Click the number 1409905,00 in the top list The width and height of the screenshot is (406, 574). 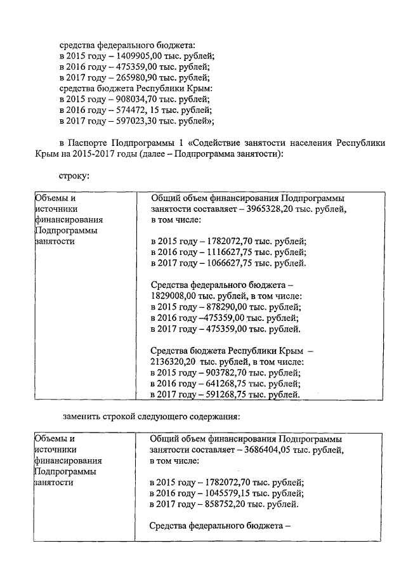pos(136,56)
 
